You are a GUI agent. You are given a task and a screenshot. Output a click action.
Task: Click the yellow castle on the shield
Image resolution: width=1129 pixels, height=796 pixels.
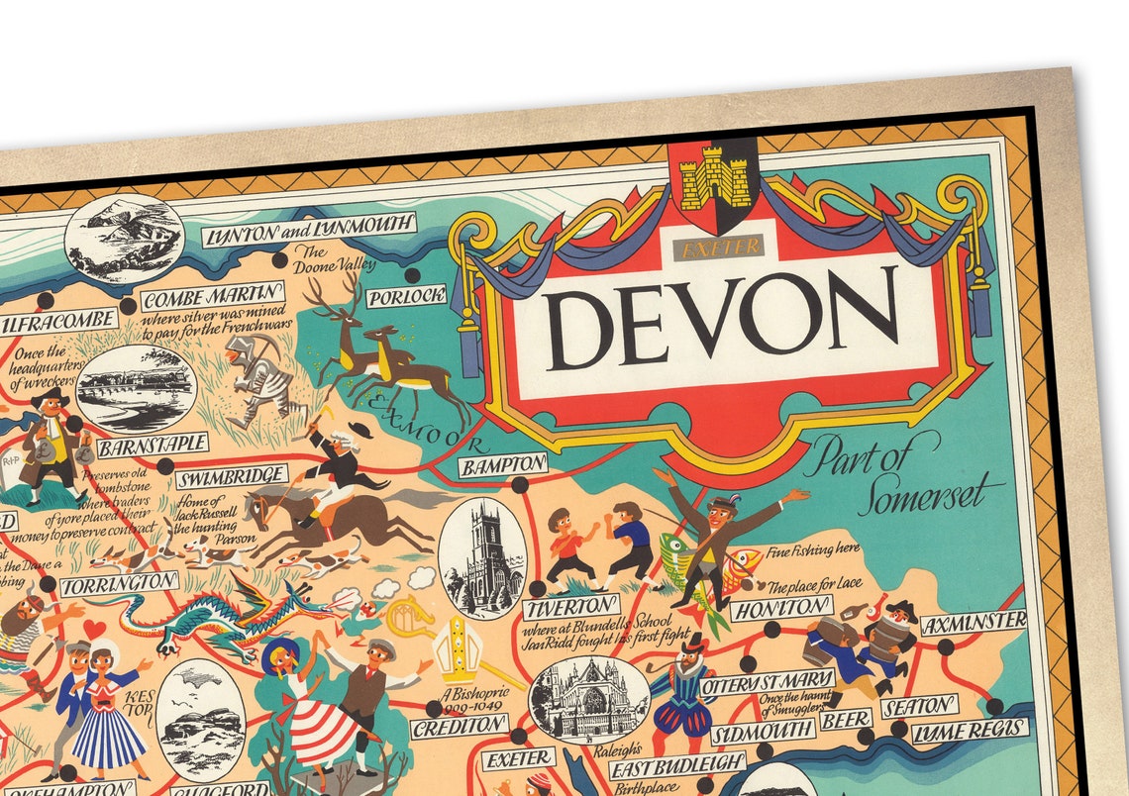[x=713, y=178]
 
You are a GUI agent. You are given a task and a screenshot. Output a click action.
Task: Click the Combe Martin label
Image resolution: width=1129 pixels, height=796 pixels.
[x=213, y=295]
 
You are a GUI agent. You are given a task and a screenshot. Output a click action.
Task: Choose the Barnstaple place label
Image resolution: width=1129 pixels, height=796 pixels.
[x=153, y=443]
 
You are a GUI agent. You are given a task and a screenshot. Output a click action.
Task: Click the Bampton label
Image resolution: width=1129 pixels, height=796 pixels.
[x=503, y=464]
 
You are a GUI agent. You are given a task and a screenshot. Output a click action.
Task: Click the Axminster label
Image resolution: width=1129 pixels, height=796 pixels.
[x=974, y=623]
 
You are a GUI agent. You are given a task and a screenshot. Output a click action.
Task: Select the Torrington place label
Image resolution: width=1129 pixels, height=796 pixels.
[x=120, y=584]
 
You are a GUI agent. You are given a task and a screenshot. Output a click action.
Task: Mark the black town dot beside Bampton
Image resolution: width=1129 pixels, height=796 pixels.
[x=519, y=485]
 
